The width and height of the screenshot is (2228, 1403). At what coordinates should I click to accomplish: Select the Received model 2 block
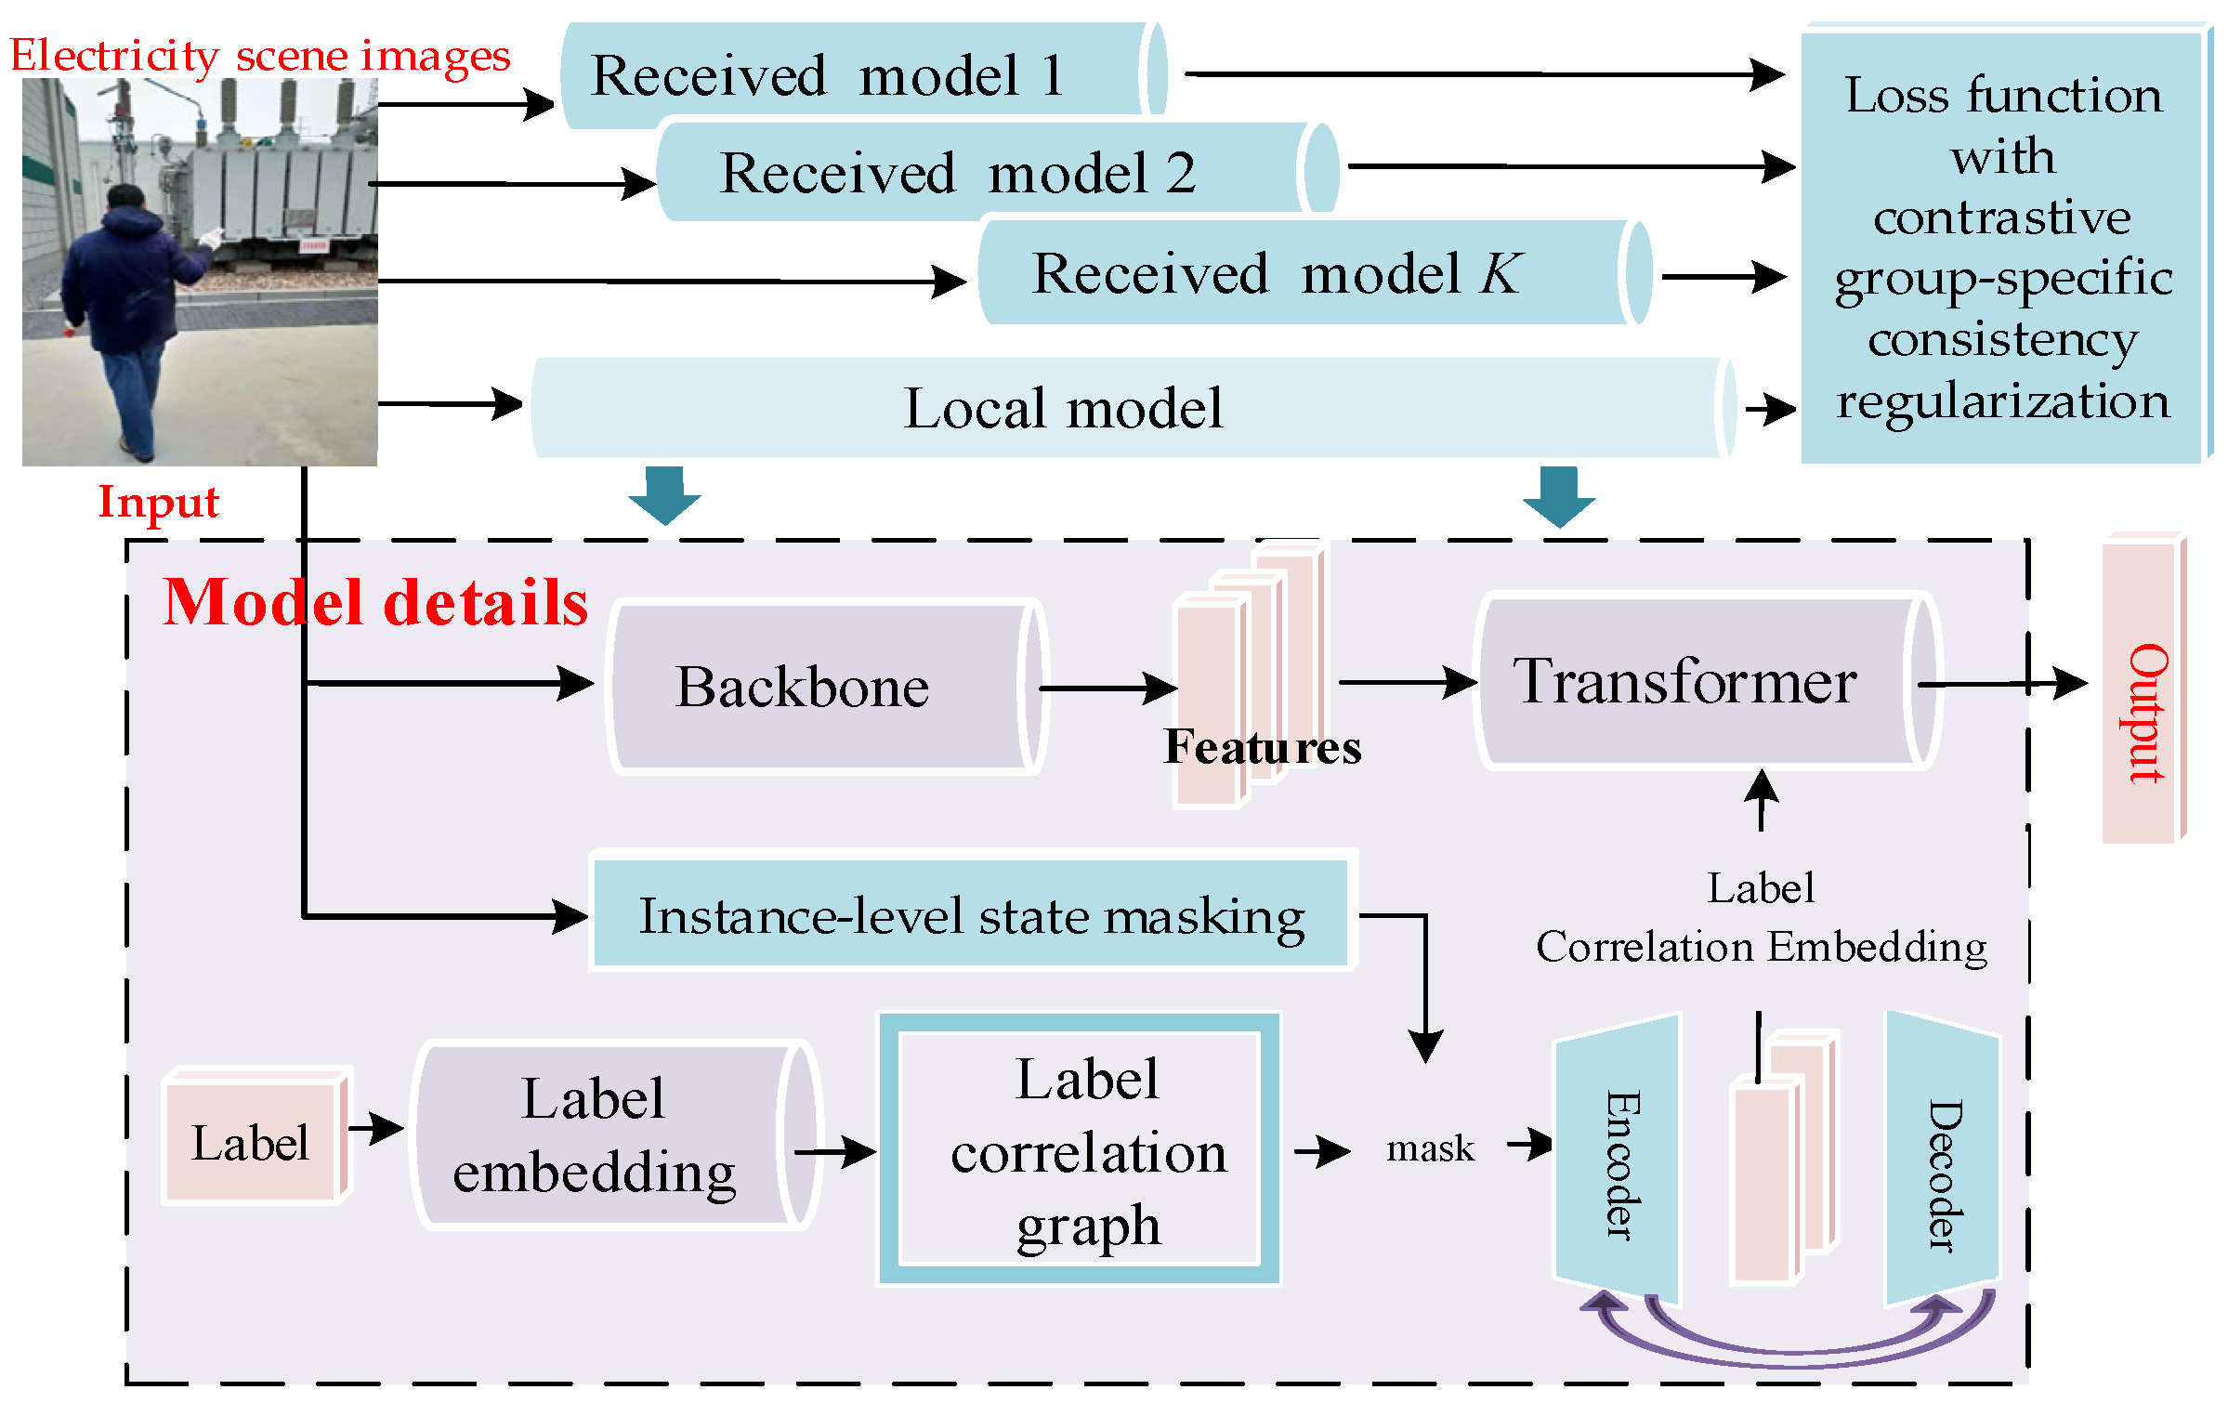coord(998,172)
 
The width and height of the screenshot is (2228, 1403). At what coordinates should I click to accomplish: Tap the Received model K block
coord(1316,272)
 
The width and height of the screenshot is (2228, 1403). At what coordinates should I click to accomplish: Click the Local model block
coord(1134,408)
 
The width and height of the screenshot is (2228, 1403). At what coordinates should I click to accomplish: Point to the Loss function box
coord(2005,245)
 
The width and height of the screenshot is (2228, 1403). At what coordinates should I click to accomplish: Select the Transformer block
coord(1708,682)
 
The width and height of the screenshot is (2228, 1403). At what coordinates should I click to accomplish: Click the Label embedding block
coord(615,1134)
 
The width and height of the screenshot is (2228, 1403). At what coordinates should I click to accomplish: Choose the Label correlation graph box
coord(1080,1149)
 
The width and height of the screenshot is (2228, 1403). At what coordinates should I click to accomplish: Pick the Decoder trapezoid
coord(1942,1161)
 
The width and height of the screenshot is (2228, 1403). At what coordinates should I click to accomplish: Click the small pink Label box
coord(256,1136)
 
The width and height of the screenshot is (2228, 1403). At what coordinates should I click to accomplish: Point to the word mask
coord(1430,1149)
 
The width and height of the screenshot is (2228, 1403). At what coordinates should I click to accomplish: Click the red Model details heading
coord(375,602)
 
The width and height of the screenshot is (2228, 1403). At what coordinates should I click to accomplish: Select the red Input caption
coord(159,503)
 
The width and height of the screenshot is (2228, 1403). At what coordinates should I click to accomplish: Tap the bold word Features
coord(1262,747)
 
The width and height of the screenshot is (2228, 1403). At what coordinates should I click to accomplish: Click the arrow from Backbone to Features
coord(1108,688)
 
